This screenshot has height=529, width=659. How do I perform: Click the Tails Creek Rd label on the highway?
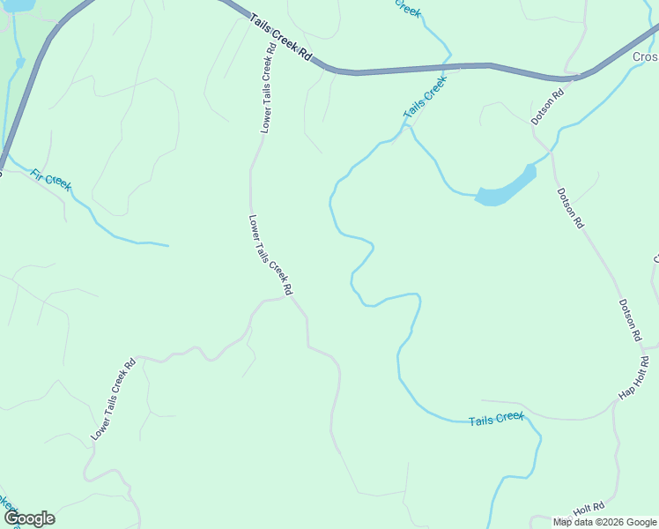pyautogui.click(x=281, y=37)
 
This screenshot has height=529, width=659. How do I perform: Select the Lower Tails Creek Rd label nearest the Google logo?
pyautogui.click(x=113, y=399)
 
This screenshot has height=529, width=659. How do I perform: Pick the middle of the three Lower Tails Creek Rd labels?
pyautogui.click(x=270, y=255)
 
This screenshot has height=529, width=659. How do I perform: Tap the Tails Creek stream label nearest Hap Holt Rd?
pyautogui.click(x=496, y=419)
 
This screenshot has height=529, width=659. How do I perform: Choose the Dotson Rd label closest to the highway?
pyautogui.click(x=546, y=107)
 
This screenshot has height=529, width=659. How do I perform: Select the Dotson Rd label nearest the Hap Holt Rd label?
pyautogui.click(x=628, y=321)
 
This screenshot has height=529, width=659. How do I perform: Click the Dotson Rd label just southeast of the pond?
pyautogui.click(x=570, y=209)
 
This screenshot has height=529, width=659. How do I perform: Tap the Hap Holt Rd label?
pyautogui.click(x=633, y=377)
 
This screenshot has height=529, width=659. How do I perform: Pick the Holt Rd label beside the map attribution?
pyautogui.click(x=589, y=509)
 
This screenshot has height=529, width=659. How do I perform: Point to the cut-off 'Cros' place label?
pyautogui.click(x=645, y=57)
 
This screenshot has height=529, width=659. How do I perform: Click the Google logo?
pyautogui.click(x=29, y=518)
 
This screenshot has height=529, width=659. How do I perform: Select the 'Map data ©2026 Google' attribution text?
pyautogui.click(x=604, y=522)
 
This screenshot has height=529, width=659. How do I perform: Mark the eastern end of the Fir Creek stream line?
pyautogui.click(x=167, y=245)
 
